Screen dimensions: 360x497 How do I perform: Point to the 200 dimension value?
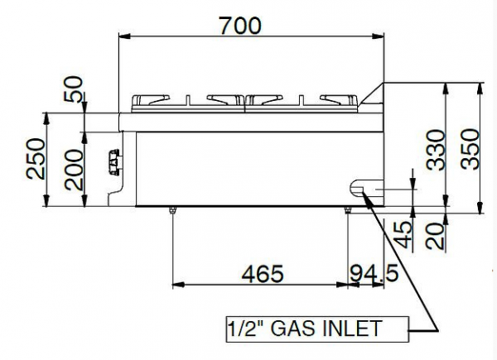point(74,166)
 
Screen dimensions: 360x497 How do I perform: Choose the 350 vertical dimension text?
point(470,149)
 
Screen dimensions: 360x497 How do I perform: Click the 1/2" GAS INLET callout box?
point(315,329)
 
